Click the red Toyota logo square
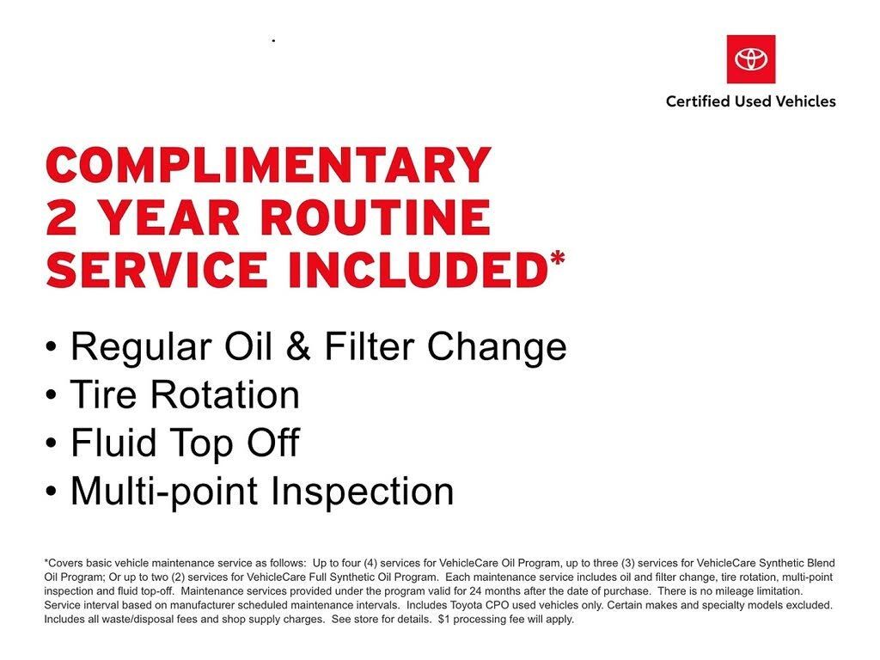click(x=751, y=59)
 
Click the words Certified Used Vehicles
click(x=751, y=101)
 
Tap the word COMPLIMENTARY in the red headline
click(x=269, y=165)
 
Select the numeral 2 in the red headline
click(x=61, y=217)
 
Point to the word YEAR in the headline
click(x=169, y=217)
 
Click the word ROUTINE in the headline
click(x=376, y=217)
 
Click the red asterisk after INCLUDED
click(x=557, y=260)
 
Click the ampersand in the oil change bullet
click(x=298, y=346)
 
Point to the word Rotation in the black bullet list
click(x=224, y=394)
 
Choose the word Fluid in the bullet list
click(x=113, y=443)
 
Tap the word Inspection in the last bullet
click(x=363, y=491)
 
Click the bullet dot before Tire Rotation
click(x=51, y=395)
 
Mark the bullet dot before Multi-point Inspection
click(x=51, y=492)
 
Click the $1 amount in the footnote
click(x=444, y=620)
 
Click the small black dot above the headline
click(x=273, y=40)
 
